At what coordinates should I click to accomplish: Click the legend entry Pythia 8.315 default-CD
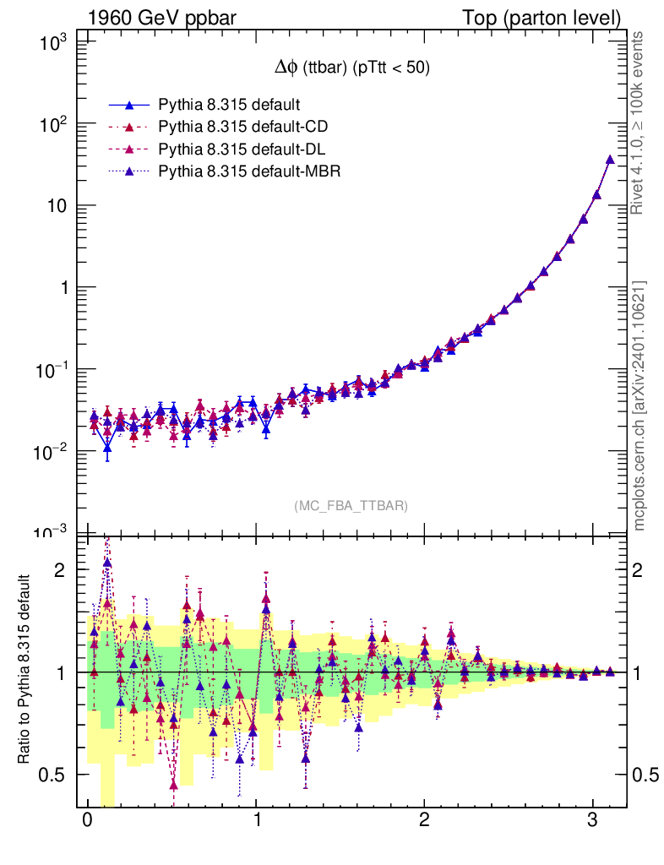pos(242,127)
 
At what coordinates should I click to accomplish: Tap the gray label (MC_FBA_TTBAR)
pos(351,506)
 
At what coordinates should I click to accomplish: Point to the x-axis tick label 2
pos(424,821)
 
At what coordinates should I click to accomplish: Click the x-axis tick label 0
pos(87,821)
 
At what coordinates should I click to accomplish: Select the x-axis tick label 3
pos(592,821)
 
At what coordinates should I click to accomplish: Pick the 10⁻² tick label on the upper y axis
pos(57,451)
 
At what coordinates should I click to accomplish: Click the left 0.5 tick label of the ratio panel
pos(57,775)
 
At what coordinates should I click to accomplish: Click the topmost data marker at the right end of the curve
pos(610,159)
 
